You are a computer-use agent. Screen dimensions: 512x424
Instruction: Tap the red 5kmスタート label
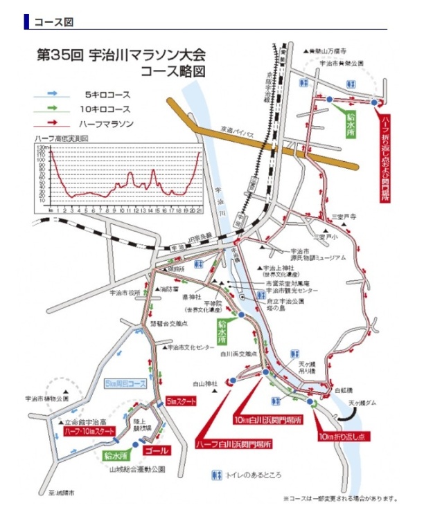182,401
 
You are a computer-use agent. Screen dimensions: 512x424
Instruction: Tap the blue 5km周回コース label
125,383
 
